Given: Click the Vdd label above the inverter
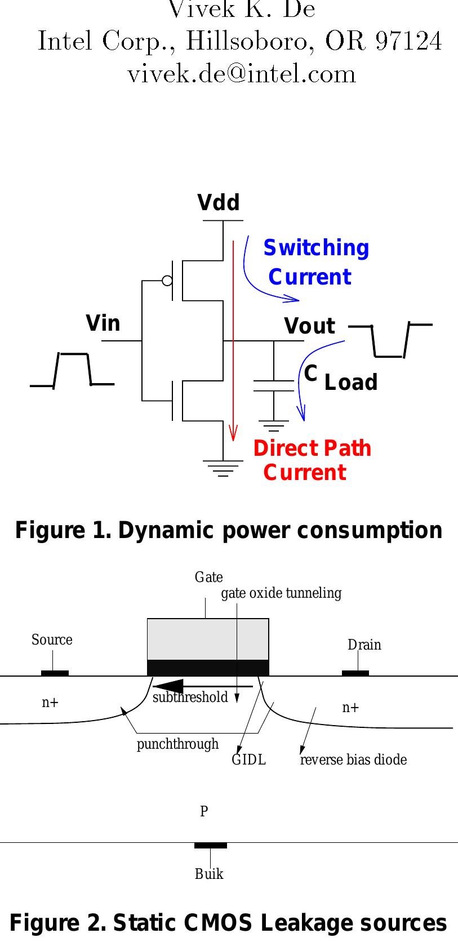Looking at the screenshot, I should [219, 203].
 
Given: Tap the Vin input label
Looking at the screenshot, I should [103, 323].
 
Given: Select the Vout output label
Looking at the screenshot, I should [309, 326].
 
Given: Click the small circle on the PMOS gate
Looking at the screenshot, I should [167, 280].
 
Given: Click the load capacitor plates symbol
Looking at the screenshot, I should [274, 385].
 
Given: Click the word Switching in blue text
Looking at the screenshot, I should [316, 248].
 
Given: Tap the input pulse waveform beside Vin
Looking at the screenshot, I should [72, 370].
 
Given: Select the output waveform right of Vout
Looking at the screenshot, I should [390, 340].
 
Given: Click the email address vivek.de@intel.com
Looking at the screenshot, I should [242, 74].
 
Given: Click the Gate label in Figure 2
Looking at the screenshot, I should [208, 577].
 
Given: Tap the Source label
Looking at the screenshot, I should [52, 640].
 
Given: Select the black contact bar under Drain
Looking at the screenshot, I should [355, 673].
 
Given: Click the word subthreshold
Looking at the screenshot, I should [190, 697].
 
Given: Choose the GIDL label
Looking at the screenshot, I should [248, 760].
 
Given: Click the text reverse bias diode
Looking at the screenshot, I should [353, 760].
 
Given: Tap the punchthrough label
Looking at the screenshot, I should [177, 744].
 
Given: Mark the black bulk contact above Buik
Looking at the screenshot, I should [210, 845].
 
